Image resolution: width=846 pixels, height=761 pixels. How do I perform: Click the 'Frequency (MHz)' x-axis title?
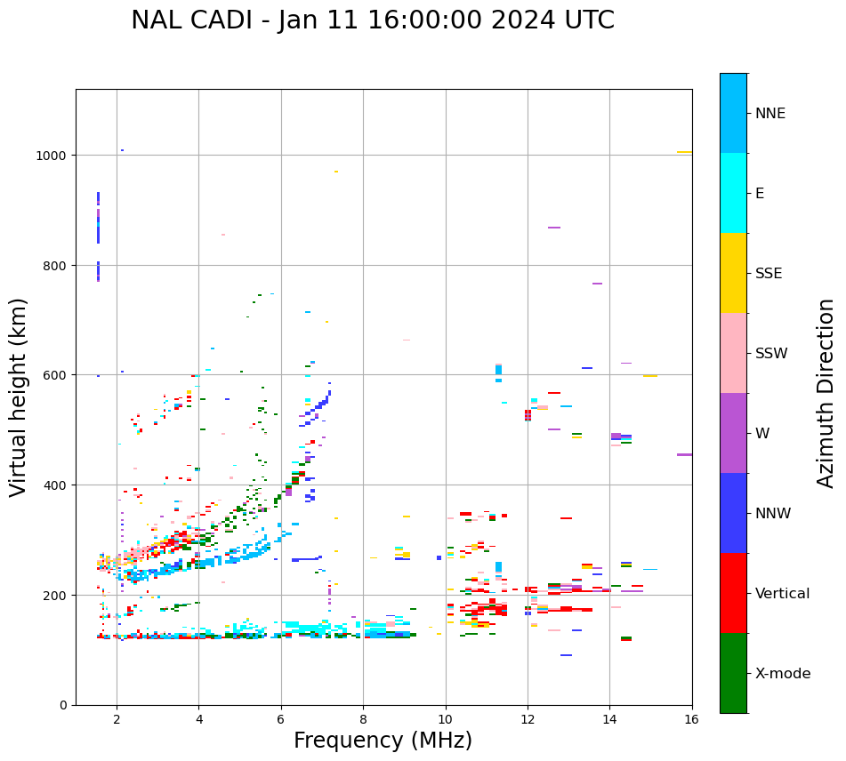coord(383,741)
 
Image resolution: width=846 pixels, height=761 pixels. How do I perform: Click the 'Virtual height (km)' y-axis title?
coord(19,397)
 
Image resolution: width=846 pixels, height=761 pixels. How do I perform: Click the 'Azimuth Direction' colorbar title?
coord(826,392)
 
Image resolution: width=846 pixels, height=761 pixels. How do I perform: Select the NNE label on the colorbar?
coord(770,113)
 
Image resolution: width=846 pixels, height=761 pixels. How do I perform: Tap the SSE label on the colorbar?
coord(769,273)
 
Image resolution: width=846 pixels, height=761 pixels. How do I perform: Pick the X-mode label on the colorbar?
coord(783,673)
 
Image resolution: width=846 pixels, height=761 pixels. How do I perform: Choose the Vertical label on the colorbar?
coord(782,593)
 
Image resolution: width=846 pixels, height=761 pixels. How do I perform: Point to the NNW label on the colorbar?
coord(774,513)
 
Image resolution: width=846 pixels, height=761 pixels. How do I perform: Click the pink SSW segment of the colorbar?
coord(733,353)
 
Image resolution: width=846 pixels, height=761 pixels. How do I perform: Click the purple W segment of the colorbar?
coord(733,433)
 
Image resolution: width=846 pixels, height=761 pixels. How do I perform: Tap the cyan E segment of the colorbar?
coord(733,193)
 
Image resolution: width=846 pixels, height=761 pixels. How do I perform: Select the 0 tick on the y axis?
coord(64,705)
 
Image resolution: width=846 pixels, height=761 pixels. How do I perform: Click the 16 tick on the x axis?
coord(692,720)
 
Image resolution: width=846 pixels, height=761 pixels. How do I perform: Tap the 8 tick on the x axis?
coord(363,720)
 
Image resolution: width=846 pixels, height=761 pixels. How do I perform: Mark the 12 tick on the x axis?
coord(528,720)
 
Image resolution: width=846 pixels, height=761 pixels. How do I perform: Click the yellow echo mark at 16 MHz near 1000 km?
coord(684,152)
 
